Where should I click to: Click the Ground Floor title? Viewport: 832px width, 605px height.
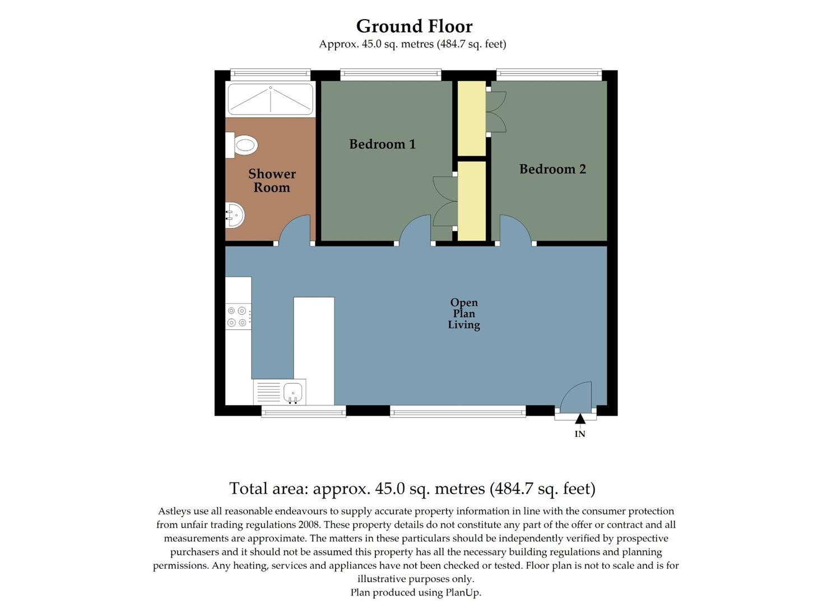tap(414, 26)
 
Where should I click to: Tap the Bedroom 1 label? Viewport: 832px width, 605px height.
tap(382, 145)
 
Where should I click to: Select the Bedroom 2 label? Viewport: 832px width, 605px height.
tap(552, 169)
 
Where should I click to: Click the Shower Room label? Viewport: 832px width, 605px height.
tap(272, 181)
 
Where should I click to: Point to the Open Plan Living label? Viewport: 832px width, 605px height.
tap(464, 314)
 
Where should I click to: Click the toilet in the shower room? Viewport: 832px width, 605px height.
tap(243, 145)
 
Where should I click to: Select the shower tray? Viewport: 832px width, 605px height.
tap(271, 99)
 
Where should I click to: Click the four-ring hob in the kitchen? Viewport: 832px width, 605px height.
tap(238, 317)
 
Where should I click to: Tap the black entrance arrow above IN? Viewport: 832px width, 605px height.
tap(580, 418)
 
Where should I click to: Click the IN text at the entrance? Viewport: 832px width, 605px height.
tap(580, 434)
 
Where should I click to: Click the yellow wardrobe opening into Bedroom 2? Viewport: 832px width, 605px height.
tap(472, 118)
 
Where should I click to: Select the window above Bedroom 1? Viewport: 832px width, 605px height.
tap(391, 73)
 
